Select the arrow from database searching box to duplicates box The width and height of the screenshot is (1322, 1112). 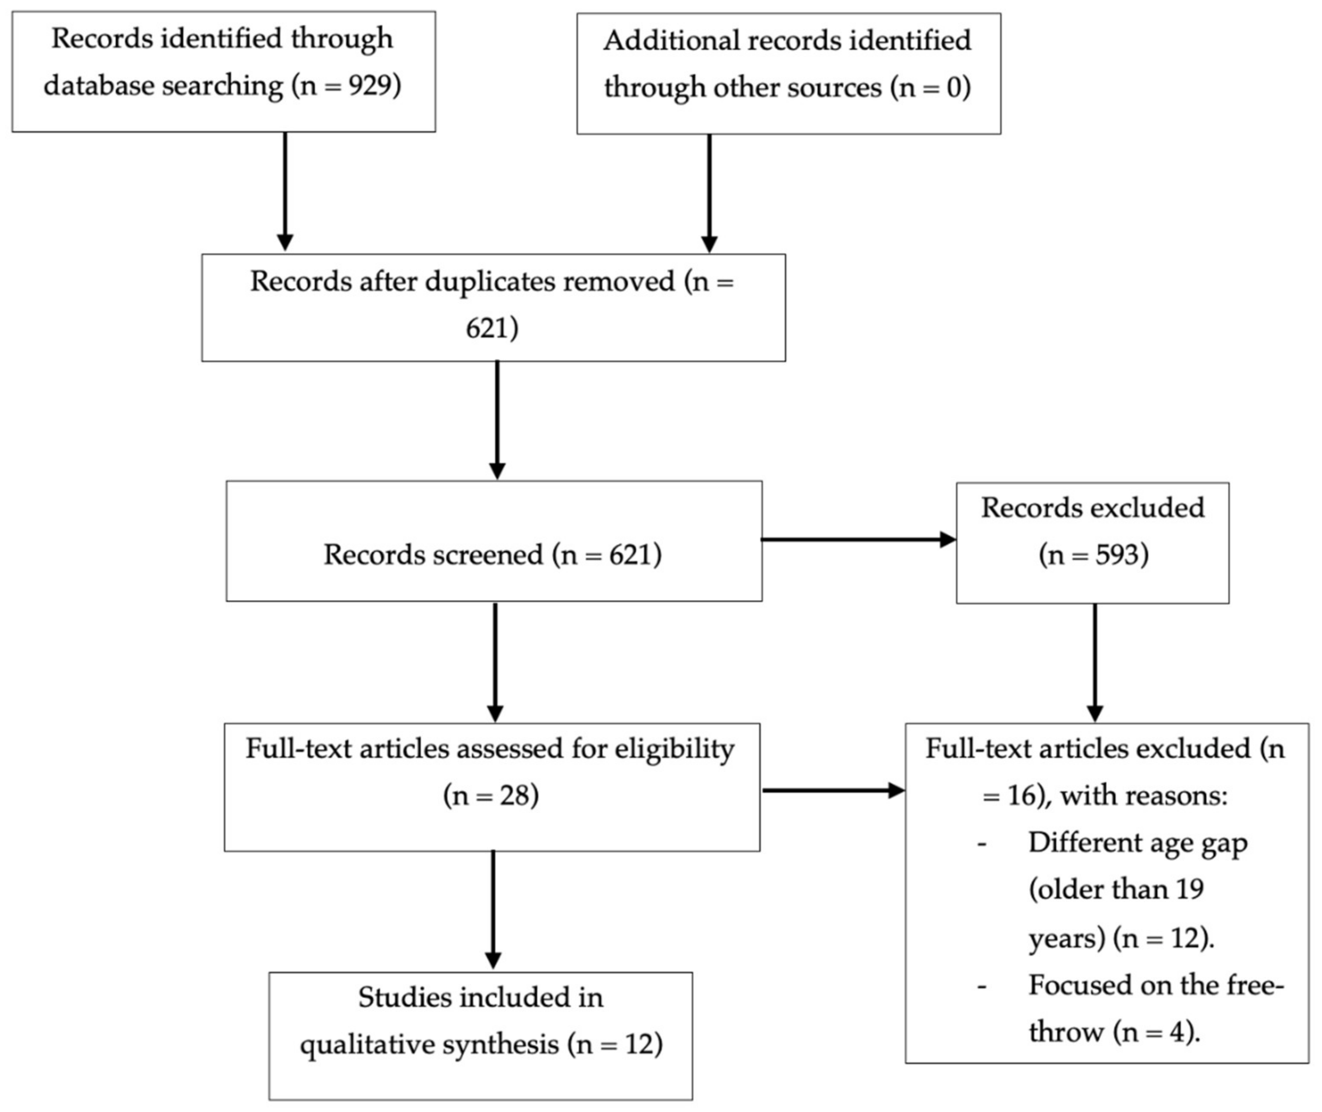pos(285,191)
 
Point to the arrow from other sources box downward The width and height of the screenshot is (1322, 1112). pos(709,193)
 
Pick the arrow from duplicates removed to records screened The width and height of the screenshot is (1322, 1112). pos(497,420)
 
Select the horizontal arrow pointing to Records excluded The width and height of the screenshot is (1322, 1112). pos(859,540)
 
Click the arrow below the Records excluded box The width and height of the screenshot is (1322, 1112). pos(1095,663)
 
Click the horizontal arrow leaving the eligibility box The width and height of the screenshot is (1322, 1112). pos(833,791)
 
